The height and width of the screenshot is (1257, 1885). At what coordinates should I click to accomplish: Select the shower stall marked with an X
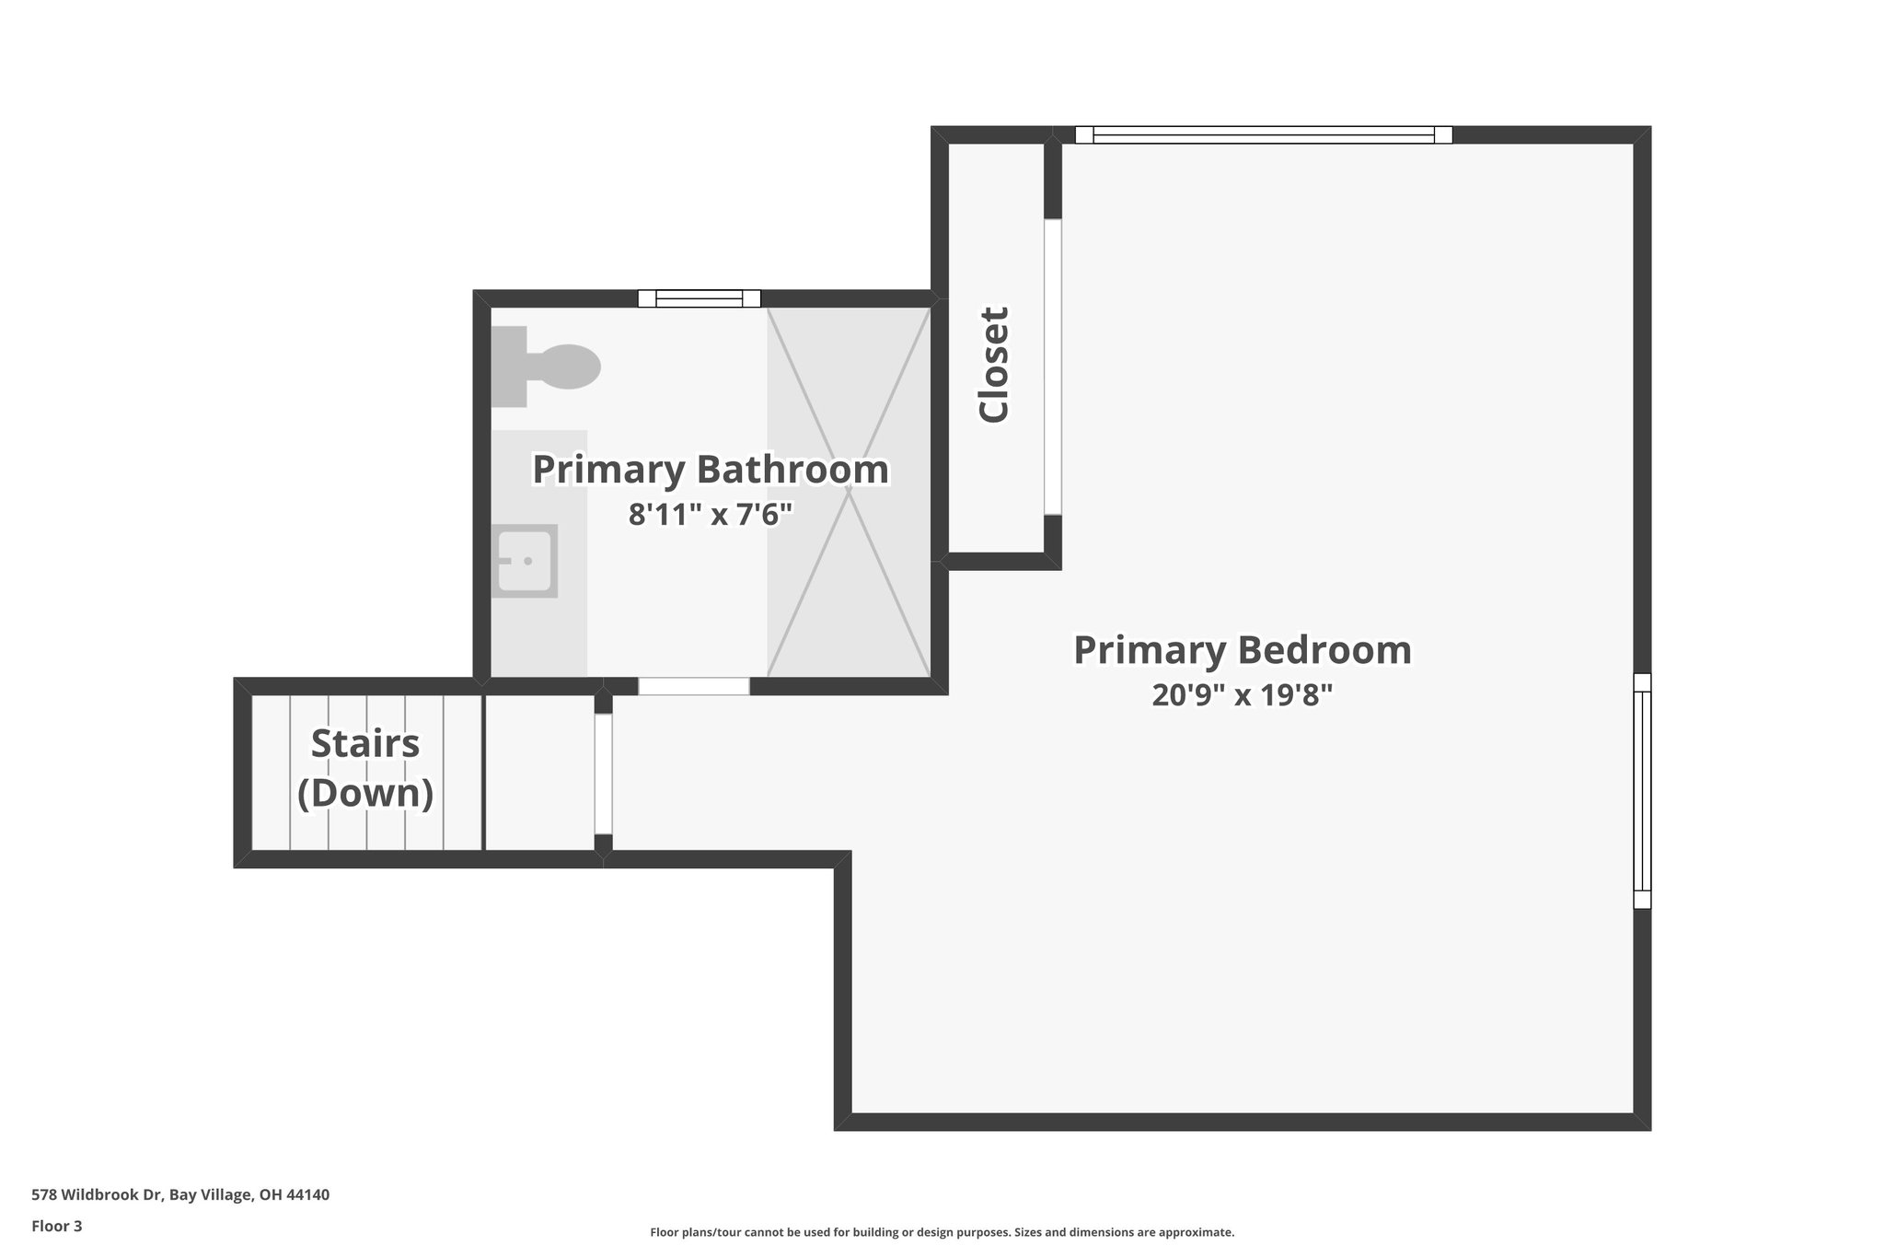click(x=848, y=492)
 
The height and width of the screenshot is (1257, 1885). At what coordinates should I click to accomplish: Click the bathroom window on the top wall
click(x=700, y=298)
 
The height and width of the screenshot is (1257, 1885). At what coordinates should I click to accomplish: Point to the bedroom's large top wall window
click(x=1264, y=134)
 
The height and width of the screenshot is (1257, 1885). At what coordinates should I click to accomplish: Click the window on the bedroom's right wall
click(x=1642, y=791)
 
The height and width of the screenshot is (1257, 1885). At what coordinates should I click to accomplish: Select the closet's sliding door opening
click(x=1053, y=367)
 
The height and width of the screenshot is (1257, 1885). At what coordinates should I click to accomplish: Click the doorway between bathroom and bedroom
click(x=694, y=686)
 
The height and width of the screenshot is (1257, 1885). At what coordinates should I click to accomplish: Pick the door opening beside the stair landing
click(x=603, y=774)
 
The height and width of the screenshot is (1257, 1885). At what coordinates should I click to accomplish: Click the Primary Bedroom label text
click(x=1243, y=650)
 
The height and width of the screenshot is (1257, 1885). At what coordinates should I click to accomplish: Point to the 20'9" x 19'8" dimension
click(x=1243, y=695)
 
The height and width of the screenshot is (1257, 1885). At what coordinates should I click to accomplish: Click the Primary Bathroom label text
click(x=711, y=470)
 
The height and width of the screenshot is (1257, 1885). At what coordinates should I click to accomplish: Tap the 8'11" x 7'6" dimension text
click(x=711, y=515)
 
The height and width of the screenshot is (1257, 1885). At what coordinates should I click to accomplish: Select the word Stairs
click(x=365, y=744)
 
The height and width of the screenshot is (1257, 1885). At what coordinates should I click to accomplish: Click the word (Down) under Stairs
click(x=365, y=793)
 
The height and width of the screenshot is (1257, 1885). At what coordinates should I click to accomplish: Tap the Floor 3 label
click(x=57, y=1226)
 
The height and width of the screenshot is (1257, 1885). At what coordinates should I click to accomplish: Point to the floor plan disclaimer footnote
click(x=942, y=1232)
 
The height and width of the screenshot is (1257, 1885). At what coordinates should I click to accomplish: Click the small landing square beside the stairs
click(x=539, y=773)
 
